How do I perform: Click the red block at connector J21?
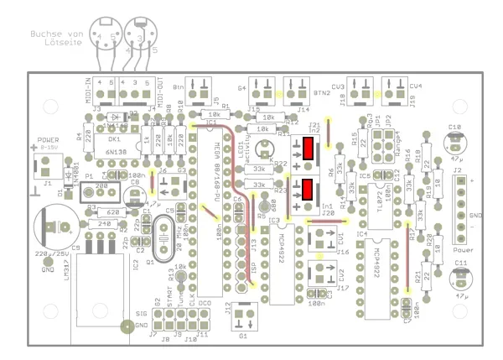click(x=309, y=151)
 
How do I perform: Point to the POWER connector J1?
click(x=47, y=168)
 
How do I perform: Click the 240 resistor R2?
click(x=104, y=224)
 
